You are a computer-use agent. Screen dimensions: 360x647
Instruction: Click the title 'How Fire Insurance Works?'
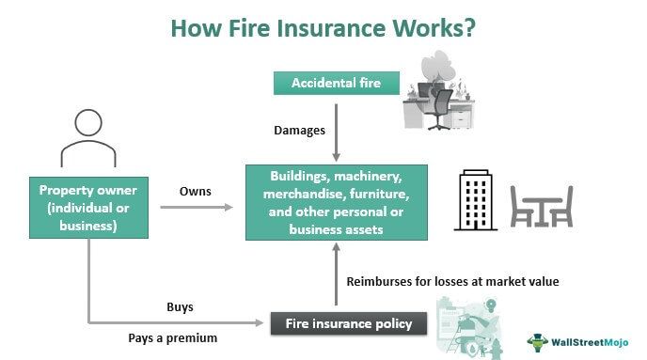323,28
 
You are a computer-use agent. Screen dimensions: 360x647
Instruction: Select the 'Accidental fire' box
335,83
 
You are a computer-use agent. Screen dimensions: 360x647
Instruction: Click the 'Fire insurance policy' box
349,324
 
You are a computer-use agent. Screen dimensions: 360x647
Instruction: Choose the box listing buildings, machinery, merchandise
337,201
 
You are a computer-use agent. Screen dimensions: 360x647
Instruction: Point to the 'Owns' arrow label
195,191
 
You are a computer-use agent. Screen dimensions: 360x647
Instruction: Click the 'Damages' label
299,130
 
